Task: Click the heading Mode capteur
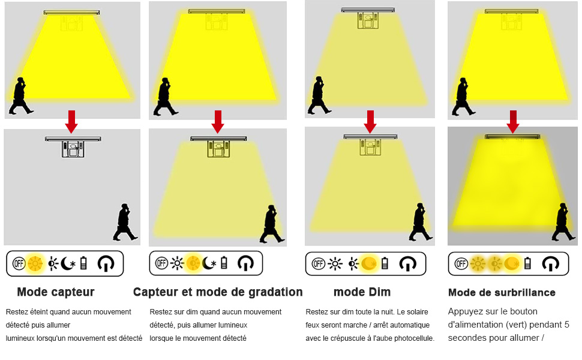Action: [55, 292]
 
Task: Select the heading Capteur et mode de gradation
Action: [218, 292]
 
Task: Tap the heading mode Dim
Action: [362, 292]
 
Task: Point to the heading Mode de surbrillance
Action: [502, 293]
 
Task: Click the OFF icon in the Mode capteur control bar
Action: [19, 263]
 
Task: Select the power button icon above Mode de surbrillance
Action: [550, 263]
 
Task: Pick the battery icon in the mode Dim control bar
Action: [385, 263]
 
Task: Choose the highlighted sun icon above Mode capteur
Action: [35, 263]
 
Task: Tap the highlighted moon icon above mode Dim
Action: [369, 263]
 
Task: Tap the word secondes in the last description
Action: [467, 338]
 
